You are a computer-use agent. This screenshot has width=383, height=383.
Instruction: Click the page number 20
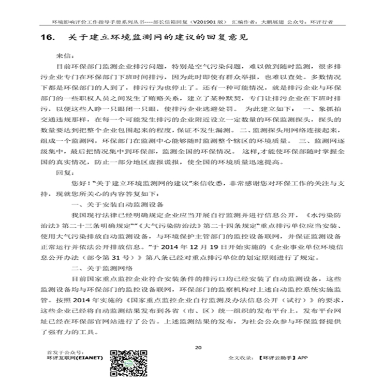[198, 347]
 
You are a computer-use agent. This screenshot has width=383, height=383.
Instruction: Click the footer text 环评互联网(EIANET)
[69, 357]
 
